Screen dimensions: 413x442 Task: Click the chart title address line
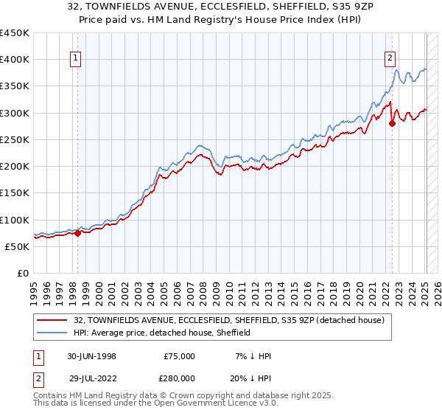coord(220,7)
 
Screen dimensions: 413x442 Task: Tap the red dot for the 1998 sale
coord(77,233)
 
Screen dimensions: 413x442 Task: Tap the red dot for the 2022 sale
coord(392,123)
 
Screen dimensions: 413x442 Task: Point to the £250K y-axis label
coord(15,139)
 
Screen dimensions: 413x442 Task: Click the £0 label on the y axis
coord(22,273)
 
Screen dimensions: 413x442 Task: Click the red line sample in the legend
coord(52,321)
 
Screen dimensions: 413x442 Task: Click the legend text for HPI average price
coord(162,333)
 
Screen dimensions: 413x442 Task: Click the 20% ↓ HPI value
coord(254,378)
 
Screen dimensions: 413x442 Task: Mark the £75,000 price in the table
coord(180,356)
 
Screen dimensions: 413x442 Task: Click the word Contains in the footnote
coord(52,396)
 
